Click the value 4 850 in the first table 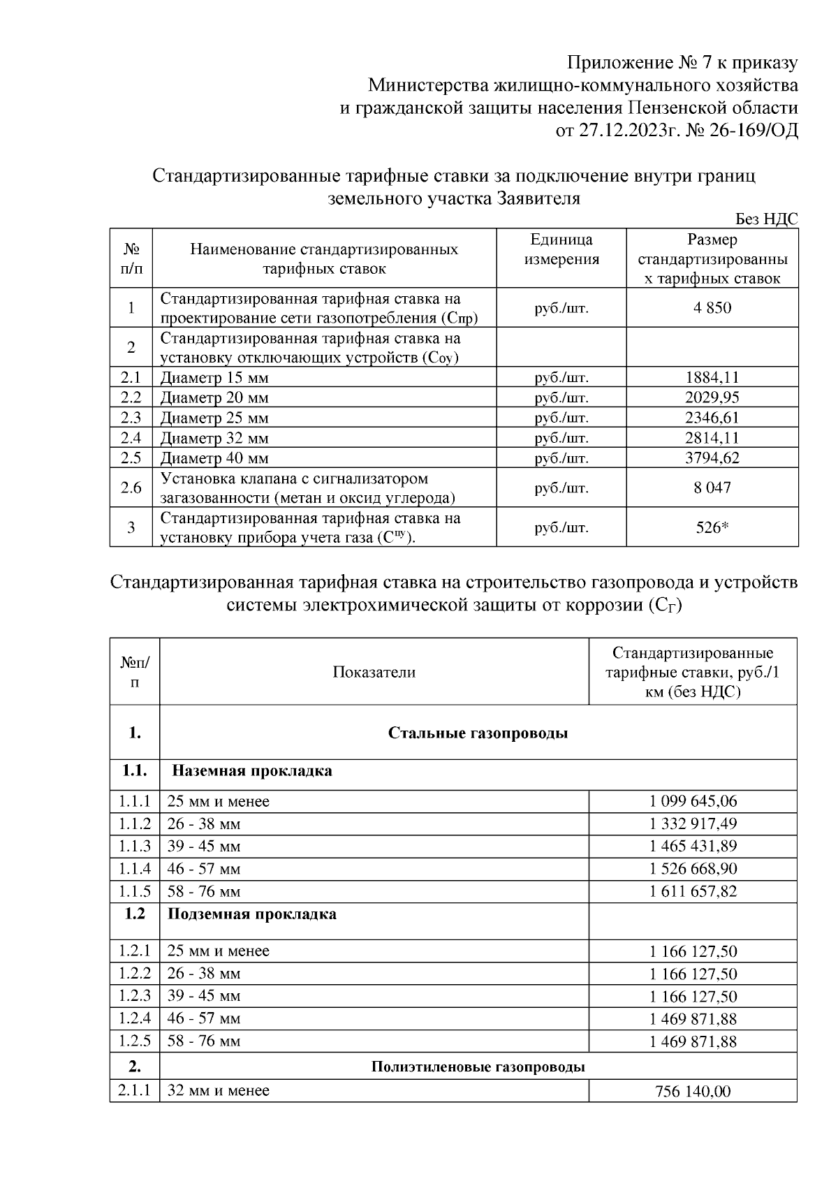712,307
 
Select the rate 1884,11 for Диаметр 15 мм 712,378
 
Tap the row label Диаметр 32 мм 214,438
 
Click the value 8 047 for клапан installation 712,488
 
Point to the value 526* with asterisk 712,527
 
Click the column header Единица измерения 561,249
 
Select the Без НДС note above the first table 766,219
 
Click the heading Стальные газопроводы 478,733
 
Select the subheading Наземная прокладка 252,771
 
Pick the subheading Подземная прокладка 252,914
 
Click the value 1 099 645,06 693,801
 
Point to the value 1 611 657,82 693,891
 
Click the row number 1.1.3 135,847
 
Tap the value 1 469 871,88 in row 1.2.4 693,1018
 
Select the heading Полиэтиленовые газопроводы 478,1067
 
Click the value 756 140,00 693,1091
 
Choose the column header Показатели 374,672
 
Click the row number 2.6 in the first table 131,488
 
